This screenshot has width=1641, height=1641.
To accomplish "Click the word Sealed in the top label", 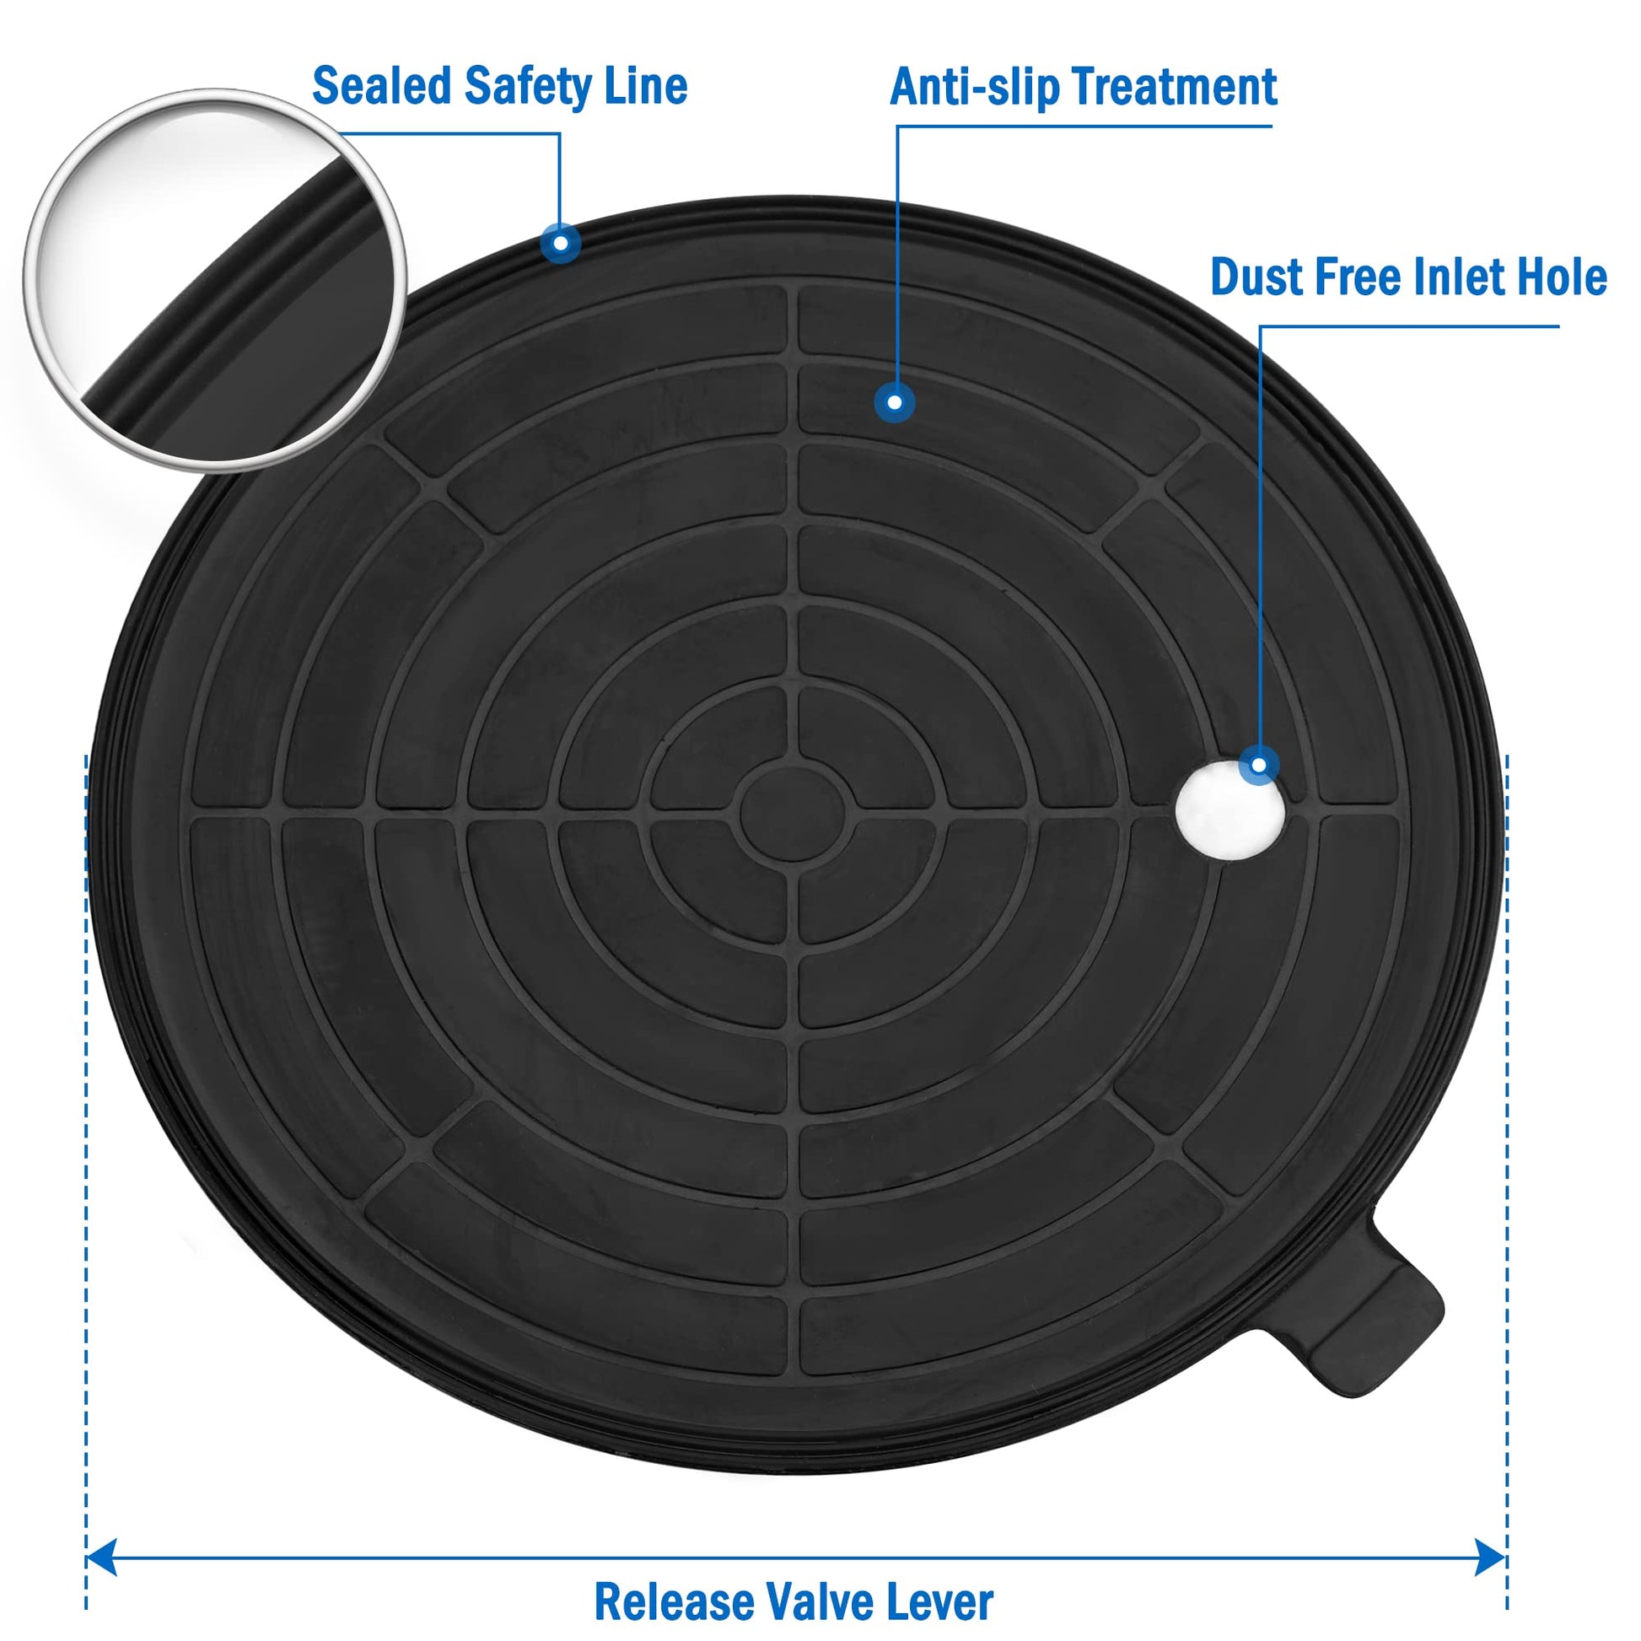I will pyautogui.click(x=381, y=86).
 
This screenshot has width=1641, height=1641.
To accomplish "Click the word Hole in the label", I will pyautogui.click(x=1561, y=276).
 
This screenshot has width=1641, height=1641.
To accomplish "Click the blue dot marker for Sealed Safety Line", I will pyautogui.click(x=561, y=244).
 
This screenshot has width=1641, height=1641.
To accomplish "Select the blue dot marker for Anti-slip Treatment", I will pyautogui.click(x=895, y=402).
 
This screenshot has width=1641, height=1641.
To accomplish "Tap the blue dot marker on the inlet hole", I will pyautogui.click(x=1259, y=766).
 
